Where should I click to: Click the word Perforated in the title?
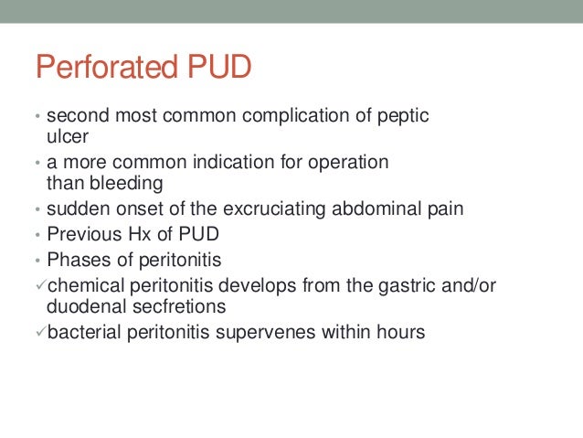tap(108, 68)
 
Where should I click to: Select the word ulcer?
tap(65, 136)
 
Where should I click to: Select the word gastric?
tap(391, 284)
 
